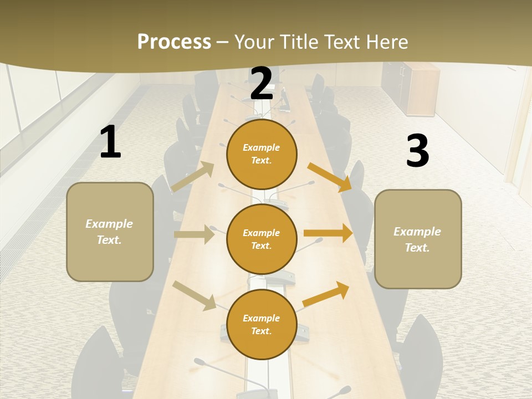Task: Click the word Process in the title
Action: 174,42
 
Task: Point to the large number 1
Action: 110,142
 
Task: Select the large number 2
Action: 262,84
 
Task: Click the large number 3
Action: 417,151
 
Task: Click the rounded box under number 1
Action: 110,232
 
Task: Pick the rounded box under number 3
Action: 418,239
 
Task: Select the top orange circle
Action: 262,154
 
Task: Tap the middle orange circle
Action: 262,239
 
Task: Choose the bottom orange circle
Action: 262,324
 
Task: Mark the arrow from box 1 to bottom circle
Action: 195,295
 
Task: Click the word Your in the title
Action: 254,42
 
